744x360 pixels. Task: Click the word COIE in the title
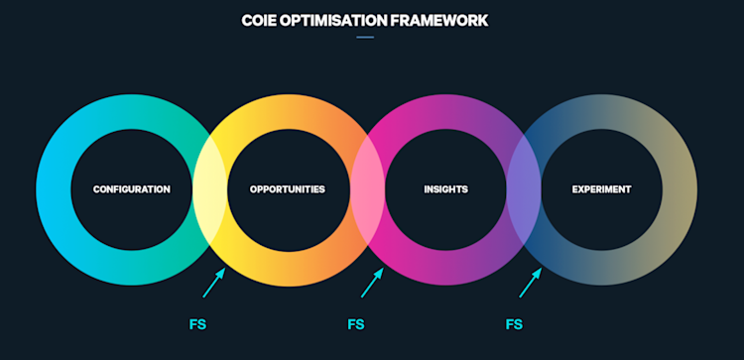click(258, 20)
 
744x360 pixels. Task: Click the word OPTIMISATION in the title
click(333, 20)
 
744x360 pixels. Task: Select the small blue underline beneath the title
click(365, 38)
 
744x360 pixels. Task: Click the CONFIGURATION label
click(131, 189)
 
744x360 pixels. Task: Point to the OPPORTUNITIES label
click(287, 189)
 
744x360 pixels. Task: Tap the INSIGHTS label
click(445, 189)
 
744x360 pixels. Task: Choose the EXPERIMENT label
click(601, 189)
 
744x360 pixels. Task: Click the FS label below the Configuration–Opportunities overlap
click(197, 324)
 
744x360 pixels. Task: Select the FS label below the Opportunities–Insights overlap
click(356, 324)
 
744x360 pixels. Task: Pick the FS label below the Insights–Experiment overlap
click(514, 324)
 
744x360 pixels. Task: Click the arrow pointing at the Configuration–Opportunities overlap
click(214, 282)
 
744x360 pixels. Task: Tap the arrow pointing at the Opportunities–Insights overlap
click(372, 282)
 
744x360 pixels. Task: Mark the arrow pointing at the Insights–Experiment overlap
click(531, 282)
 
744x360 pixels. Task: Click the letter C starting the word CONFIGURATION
click(96, 189)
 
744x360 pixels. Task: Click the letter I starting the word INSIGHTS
click(426, 189)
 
